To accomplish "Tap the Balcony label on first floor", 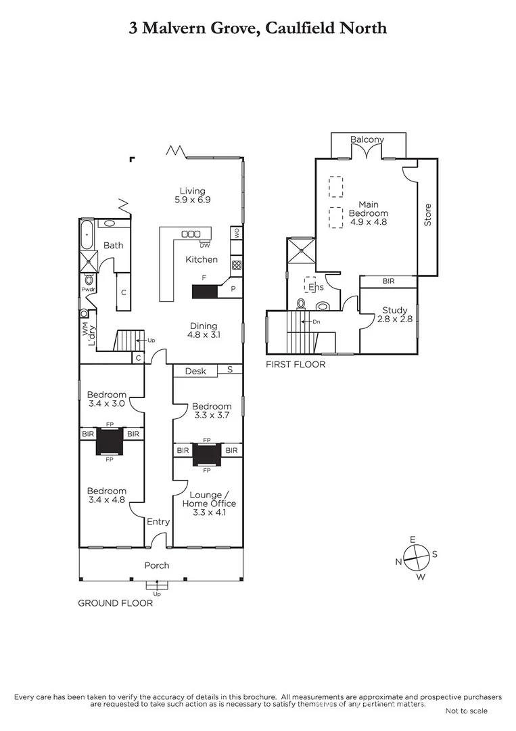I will coord(367,139).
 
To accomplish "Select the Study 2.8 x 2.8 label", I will coord(394,314).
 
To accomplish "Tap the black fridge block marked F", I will coord(205,292).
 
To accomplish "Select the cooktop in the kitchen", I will coord(237,265).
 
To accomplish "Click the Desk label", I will coord(195,370).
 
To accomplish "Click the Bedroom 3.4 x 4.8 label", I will coord(106,495).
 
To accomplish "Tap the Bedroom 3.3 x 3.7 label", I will coord(212,411).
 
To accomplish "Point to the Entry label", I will coord(158,522).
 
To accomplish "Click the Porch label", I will coord(157,565).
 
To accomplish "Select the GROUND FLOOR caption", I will coord(115,603).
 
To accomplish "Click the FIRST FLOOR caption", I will coord(296,364).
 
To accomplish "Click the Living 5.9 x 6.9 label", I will coord(192,195).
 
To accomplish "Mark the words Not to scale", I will coord(466,711).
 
